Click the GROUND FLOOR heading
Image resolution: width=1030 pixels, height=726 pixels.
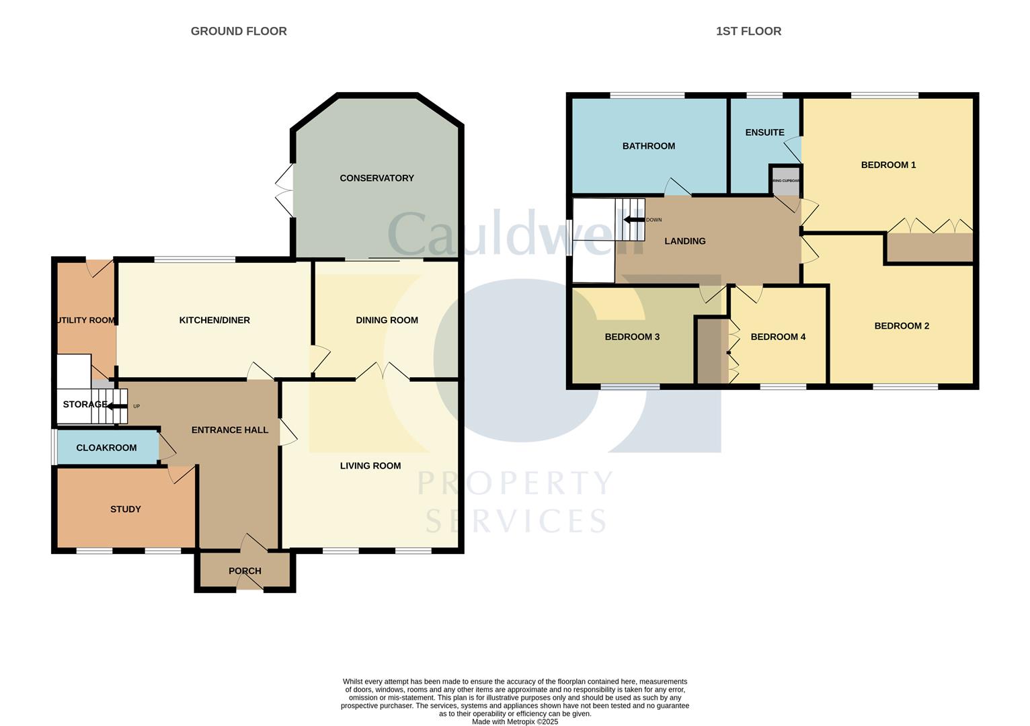tap(239, 31)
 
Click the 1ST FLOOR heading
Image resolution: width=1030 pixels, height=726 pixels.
tap(748, 31)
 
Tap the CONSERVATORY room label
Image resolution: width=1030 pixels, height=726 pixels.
tap(377, 178)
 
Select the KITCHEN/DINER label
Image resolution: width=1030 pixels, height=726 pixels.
tap(214, 320)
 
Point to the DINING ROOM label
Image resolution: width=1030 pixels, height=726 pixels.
tap(387, 320)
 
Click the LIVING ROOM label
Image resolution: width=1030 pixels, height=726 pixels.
tap(370, 465)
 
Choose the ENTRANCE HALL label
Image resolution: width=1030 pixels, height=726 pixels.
tap(230, 430)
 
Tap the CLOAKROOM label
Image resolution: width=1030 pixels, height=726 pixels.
tap(106, 448)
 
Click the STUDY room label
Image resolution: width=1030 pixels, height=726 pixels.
tap(126, 509)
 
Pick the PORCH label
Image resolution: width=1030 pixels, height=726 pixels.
tap(245, 571)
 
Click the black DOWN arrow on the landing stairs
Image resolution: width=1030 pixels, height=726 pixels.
tap(633, 220)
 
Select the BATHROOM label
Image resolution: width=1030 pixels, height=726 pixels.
tap(648, 146)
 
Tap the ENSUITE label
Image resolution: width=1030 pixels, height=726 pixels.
tap(764, 132)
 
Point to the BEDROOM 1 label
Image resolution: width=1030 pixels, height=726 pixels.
tap(888, 165)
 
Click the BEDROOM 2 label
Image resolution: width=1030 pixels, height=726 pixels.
tap(902, 326)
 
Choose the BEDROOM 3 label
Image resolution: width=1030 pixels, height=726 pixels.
tap(632, 337)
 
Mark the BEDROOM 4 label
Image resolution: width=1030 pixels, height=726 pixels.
tap(778, 337)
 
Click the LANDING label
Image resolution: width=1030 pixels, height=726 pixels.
tap(685, 241)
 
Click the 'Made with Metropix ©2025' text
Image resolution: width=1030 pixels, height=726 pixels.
tap(515, 722)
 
